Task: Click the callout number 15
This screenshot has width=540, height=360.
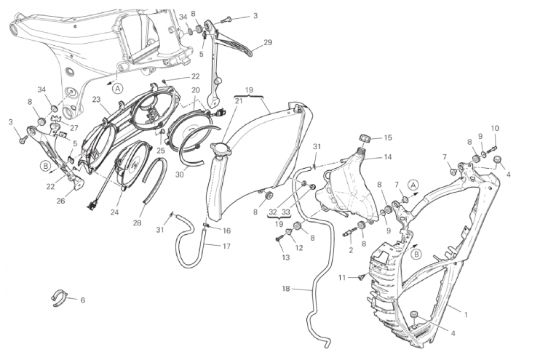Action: pos(388,137)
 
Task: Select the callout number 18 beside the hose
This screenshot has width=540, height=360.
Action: pos(286,289)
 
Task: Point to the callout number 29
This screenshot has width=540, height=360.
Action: pos(268,42)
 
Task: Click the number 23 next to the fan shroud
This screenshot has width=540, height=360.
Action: pos(96,100)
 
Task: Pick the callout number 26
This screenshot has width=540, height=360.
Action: pos(60,201)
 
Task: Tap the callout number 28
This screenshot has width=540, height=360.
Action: pos(137,223)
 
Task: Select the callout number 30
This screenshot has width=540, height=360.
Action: pos(180,175)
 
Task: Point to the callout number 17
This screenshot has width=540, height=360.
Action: pos(226,247)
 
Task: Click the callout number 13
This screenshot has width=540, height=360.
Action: pos(286,257)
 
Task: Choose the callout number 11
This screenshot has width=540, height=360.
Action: pos(341,277)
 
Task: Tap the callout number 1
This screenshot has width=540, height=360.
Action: pos(466,315)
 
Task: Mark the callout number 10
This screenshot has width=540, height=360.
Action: pos(495,129)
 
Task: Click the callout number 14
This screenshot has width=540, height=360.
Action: pos(388,157)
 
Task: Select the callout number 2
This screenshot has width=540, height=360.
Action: pos(351,251)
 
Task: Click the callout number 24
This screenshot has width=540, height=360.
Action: pos(115,212)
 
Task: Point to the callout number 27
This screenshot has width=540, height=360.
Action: pos(74,128)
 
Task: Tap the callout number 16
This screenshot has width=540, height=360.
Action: pos(226,231)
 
